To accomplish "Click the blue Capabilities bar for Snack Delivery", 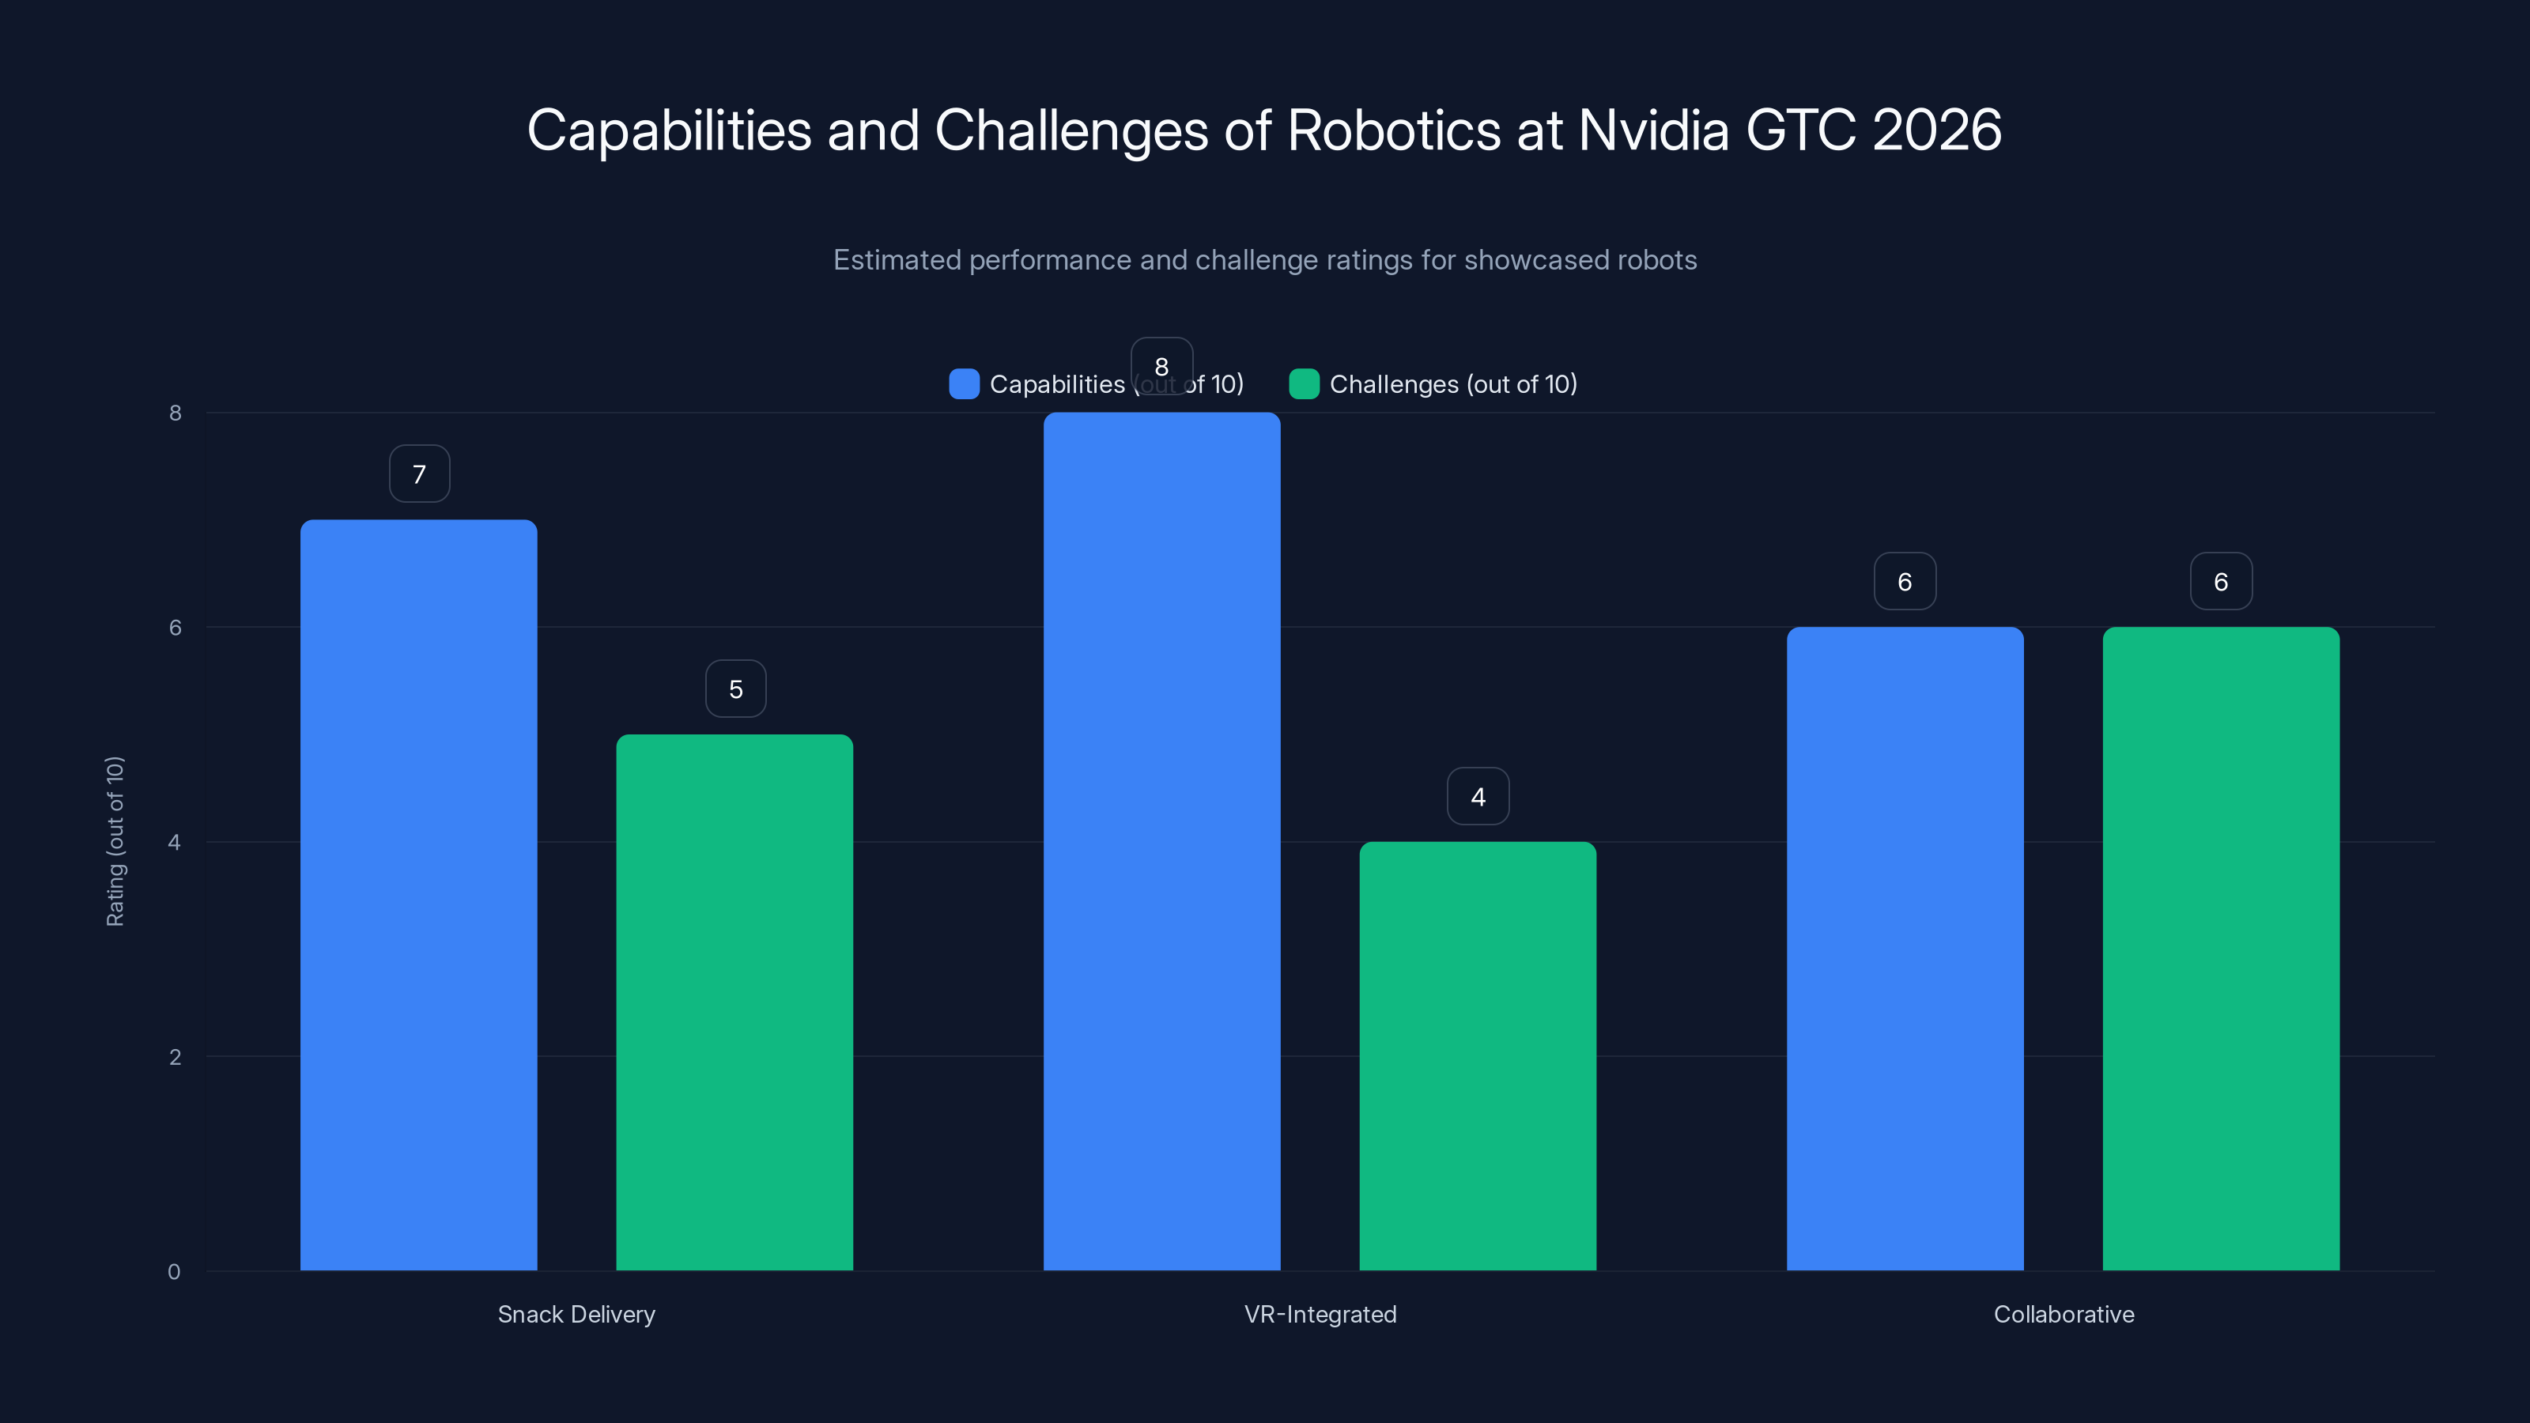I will tap(418, 893).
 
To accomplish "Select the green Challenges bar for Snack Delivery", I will tap(734, 1002).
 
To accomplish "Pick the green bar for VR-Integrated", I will tap(1477, 1055).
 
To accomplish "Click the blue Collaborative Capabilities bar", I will tap(1905, 948).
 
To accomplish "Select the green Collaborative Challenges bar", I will tap(2221, 948).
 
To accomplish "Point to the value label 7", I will tap(419, 474).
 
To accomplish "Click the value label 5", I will tap(735, 689).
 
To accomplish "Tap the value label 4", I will tap(1478, 796).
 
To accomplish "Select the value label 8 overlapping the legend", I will tap(1162, 366).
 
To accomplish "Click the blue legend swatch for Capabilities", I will tap(964, 384).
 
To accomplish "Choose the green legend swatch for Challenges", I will tap(1303, 384).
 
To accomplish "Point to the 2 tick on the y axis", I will tap(175, 1058).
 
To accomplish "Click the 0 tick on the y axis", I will tap(174, 1273).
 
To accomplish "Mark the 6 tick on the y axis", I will tap(175, 628).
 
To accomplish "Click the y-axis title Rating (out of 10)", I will tap(115, 842).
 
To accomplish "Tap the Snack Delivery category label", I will tap(576, 1315).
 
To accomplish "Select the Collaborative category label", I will tap(2064, 1315).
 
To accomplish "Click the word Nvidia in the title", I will tap(1653, 130).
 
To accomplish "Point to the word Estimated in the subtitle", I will tap(897, 260).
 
